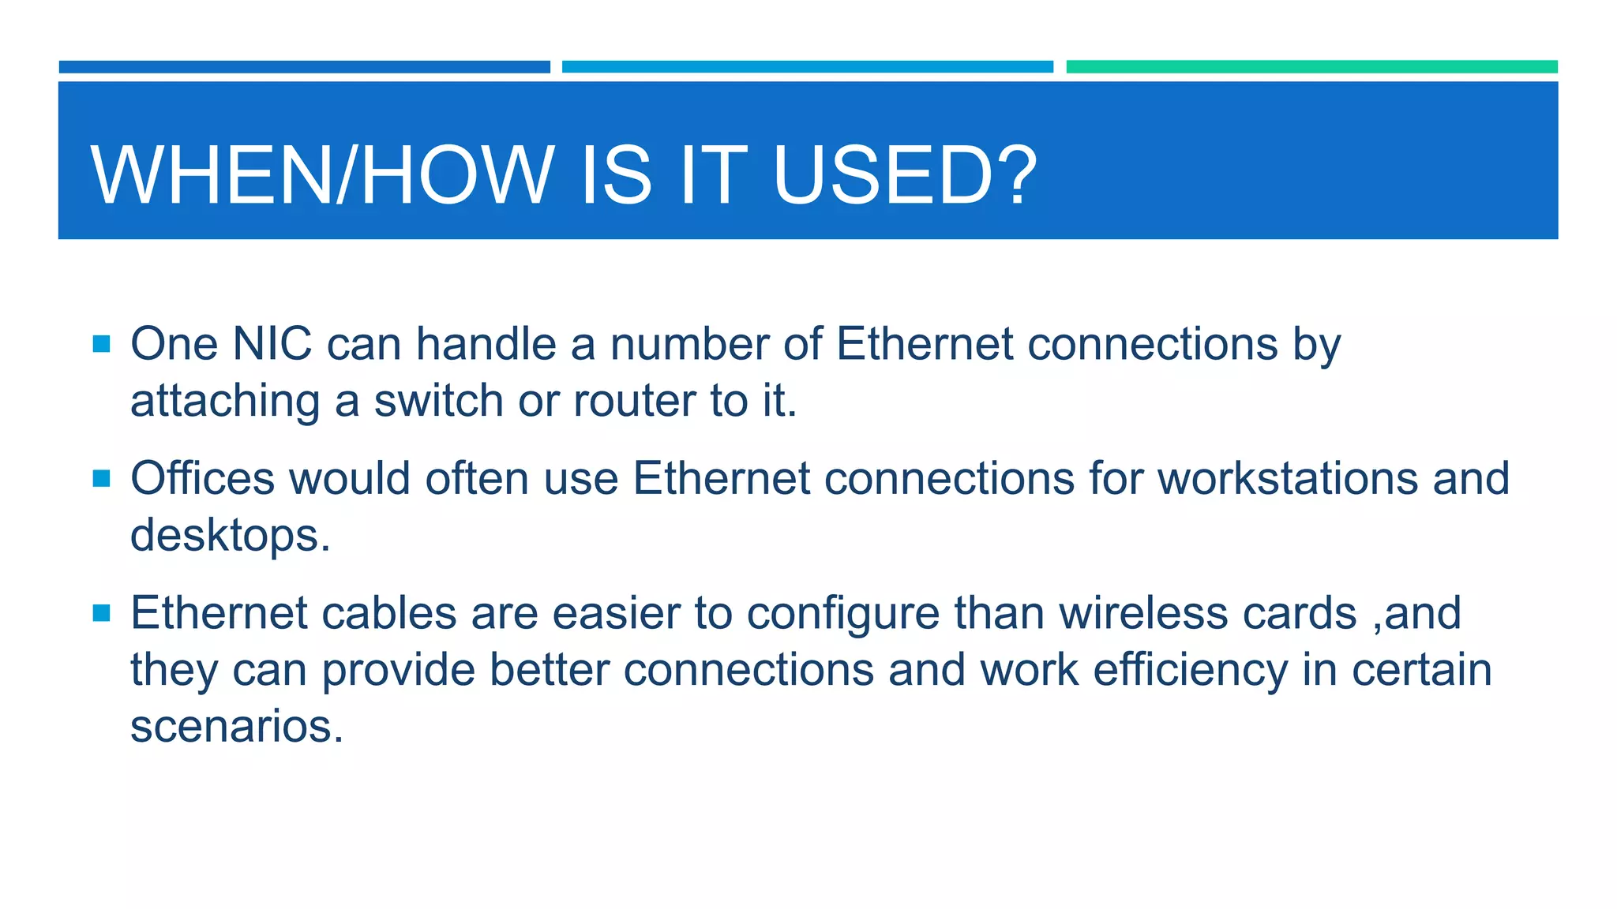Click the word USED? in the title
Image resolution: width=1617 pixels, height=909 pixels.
tap(905, 175)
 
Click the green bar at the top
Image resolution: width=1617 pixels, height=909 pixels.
tap(1311, 67)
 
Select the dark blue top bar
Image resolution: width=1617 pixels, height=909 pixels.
tap(304, 67)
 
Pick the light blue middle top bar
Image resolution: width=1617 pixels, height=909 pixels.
tap(807, 67)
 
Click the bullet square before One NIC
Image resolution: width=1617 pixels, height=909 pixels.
tap(101, 344)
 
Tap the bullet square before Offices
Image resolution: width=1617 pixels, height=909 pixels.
tap(101, 478)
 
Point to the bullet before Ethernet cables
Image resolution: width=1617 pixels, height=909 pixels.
tap(101, 613)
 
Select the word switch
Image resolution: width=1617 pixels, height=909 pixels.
tap(438, 401)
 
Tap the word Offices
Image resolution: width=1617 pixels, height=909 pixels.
tap(202, 478)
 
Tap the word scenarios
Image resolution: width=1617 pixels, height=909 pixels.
tap(236, 727)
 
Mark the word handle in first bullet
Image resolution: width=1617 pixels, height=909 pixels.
tap(486, 344)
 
